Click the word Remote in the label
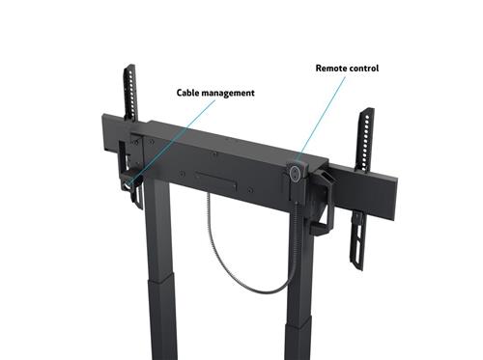(x=330, y=69)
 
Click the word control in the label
(x=364, y=69)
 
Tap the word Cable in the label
(x=189, y=94)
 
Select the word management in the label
(x=230, y=94)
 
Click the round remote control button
(x=294, y=172)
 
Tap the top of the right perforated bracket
(x=366, y=113)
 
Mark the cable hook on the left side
(x=127, y=180)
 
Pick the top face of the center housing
(x=222, y=145)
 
